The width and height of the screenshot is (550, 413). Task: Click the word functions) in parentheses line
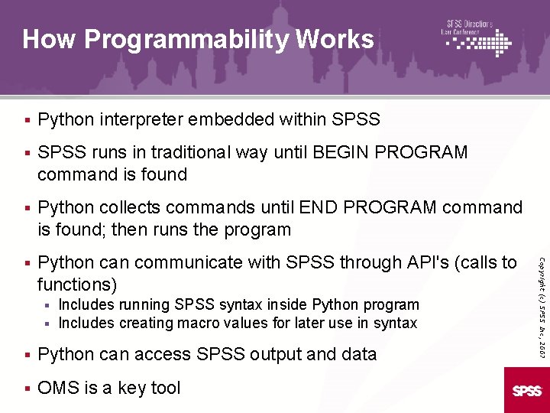[x=77, y=285]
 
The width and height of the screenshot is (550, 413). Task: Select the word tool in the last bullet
[x=163, y=388]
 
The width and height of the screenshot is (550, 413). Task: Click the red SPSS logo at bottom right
[x=526, y=390]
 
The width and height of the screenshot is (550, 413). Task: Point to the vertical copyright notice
[x=541, y=294]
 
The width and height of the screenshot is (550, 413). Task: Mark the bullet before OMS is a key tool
[x=27, y=388]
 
